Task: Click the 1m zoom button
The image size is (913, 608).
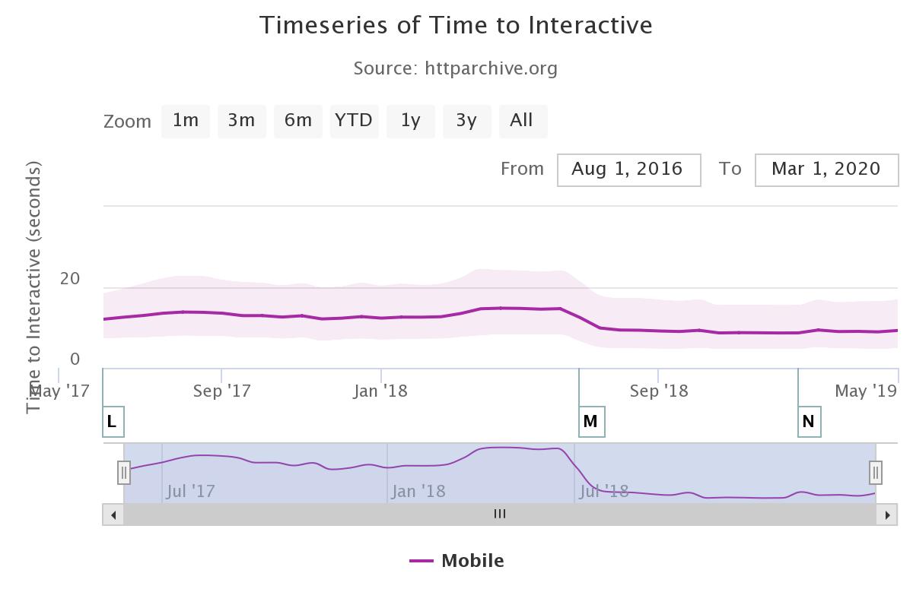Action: pos(186,121)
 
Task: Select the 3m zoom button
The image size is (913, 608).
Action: pos(242,121)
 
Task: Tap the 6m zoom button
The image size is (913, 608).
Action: pos(298,121)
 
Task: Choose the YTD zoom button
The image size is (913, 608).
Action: pos(354,121)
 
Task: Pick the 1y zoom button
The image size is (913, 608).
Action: pos(411,121)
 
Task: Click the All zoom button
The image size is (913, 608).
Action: pos(523,121)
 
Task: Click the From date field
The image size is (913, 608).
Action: pos(628,169)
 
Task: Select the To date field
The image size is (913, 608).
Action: pos(826,169)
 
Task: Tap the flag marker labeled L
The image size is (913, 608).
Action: pos(113,422)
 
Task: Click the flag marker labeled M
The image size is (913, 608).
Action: pos(591,422)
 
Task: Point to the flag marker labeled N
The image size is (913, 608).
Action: pos(809,422)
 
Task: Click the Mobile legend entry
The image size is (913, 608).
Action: pos(457,561)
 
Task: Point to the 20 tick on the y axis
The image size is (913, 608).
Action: pos(70,279)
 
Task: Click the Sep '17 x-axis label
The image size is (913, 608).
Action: pos(222,391)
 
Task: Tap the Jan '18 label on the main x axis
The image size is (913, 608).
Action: pos(380,391)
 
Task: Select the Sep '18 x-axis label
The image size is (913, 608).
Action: pos(660,391)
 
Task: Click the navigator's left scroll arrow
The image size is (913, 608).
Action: pos(113,515)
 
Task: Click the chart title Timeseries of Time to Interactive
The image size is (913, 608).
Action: pos(456,25)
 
